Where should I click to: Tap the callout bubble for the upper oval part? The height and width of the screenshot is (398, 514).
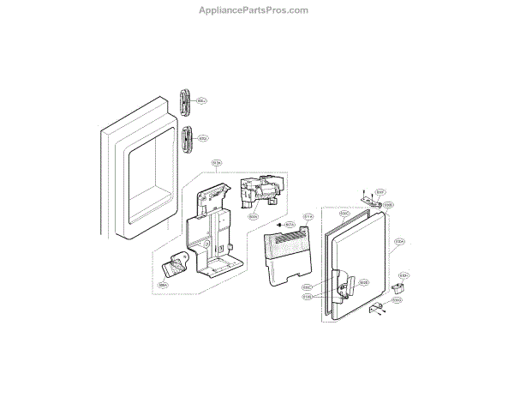[202, 101]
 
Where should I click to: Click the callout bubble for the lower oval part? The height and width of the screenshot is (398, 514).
[203, 138]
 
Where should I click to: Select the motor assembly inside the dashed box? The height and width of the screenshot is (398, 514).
[259, 193]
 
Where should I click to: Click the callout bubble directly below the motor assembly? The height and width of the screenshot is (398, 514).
[254, 216]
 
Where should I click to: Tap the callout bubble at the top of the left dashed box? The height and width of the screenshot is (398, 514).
[217, 162]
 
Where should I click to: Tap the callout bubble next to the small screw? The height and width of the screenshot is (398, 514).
[290, 225]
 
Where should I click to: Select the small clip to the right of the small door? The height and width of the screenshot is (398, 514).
[398, 286]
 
